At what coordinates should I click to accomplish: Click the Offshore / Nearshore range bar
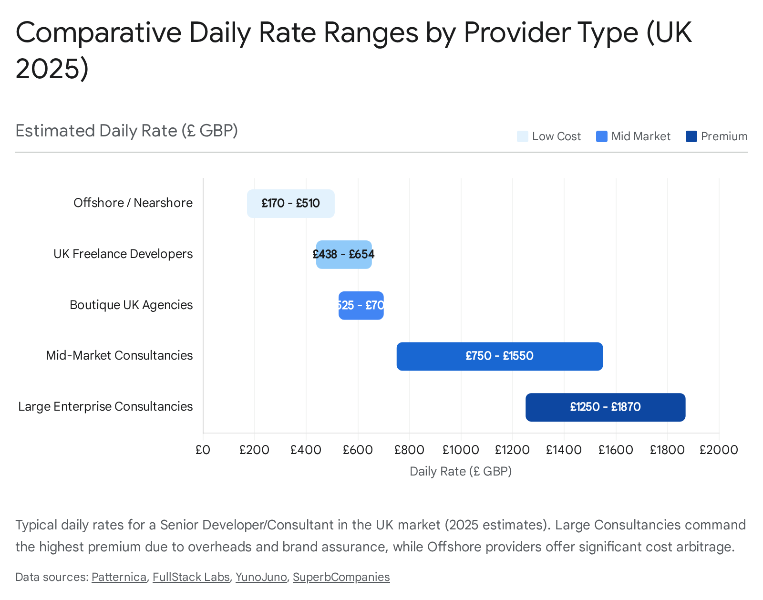click(x=290, y=204)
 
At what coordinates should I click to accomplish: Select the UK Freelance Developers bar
click(x=344, y=255)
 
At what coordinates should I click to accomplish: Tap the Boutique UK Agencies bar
click(x=361, y=305)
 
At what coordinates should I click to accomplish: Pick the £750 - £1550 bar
click(x=499, y=356)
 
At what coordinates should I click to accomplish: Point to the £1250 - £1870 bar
click(x=605, y=407)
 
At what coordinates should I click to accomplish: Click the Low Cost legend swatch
click(x=523, y=136)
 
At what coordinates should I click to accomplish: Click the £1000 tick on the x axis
click(x=461, y=450)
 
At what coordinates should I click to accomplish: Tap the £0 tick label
click(x=203, y=450)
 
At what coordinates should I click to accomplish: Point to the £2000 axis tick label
click(x=719, y=450)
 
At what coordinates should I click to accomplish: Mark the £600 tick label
click(x=358, y=450)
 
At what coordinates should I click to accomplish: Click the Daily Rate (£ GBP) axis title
click(x=461, y=471)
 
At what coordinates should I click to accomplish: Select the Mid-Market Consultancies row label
click(x=119, y=355)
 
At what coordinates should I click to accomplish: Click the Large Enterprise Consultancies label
click(x=105, y=406)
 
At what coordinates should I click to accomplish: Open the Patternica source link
click(x=119, y=577)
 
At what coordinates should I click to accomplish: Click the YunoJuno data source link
click(x=261, y=577)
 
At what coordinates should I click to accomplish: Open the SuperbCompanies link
click(x=341, y=577)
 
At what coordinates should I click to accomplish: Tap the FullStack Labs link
click(x=191, y=577)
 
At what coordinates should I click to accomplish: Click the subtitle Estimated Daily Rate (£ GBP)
click(x=126, y=131)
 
